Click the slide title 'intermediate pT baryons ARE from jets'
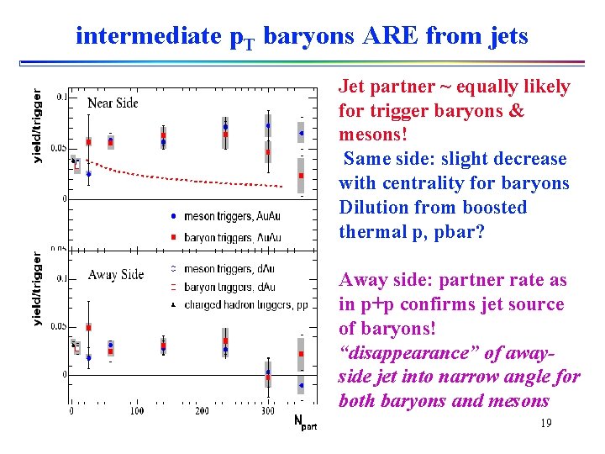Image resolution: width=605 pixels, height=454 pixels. pos(302,35)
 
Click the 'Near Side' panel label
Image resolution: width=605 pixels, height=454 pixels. pos(113,103)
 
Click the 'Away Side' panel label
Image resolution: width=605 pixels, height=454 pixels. pos(115,274)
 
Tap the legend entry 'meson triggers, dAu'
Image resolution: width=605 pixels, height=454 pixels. pos(217,269)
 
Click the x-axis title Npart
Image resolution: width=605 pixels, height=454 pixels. pos(305,422)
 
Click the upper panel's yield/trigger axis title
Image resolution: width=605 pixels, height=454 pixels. pos(37,126)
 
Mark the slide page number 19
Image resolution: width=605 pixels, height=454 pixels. pos(545,424)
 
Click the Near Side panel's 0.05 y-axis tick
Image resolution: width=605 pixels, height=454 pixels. pos(57,148)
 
